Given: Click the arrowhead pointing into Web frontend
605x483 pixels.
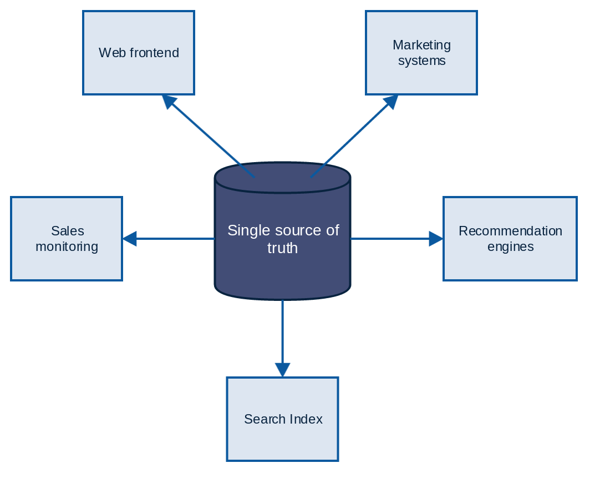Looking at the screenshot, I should pos(169,101).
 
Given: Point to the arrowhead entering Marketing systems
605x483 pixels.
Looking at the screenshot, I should pos(392,101).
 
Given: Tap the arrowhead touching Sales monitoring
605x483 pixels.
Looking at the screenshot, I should pos(129,239).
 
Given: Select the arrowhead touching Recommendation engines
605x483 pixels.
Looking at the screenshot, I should pos(436,239).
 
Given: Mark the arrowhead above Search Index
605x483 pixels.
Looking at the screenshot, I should pos(283,370).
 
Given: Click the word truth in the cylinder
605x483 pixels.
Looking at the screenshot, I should pos(283,248).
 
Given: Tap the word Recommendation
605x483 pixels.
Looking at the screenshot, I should pos(510,231).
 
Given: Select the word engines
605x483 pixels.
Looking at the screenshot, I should pos(510,246).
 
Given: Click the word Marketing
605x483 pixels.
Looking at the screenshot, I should pos(421,45).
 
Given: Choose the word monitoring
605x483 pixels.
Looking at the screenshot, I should pos(67,246).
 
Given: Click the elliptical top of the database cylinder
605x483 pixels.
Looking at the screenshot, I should pos(283,178).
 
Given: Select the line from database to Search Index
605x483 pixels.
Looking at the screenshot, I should pos(283,333).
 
